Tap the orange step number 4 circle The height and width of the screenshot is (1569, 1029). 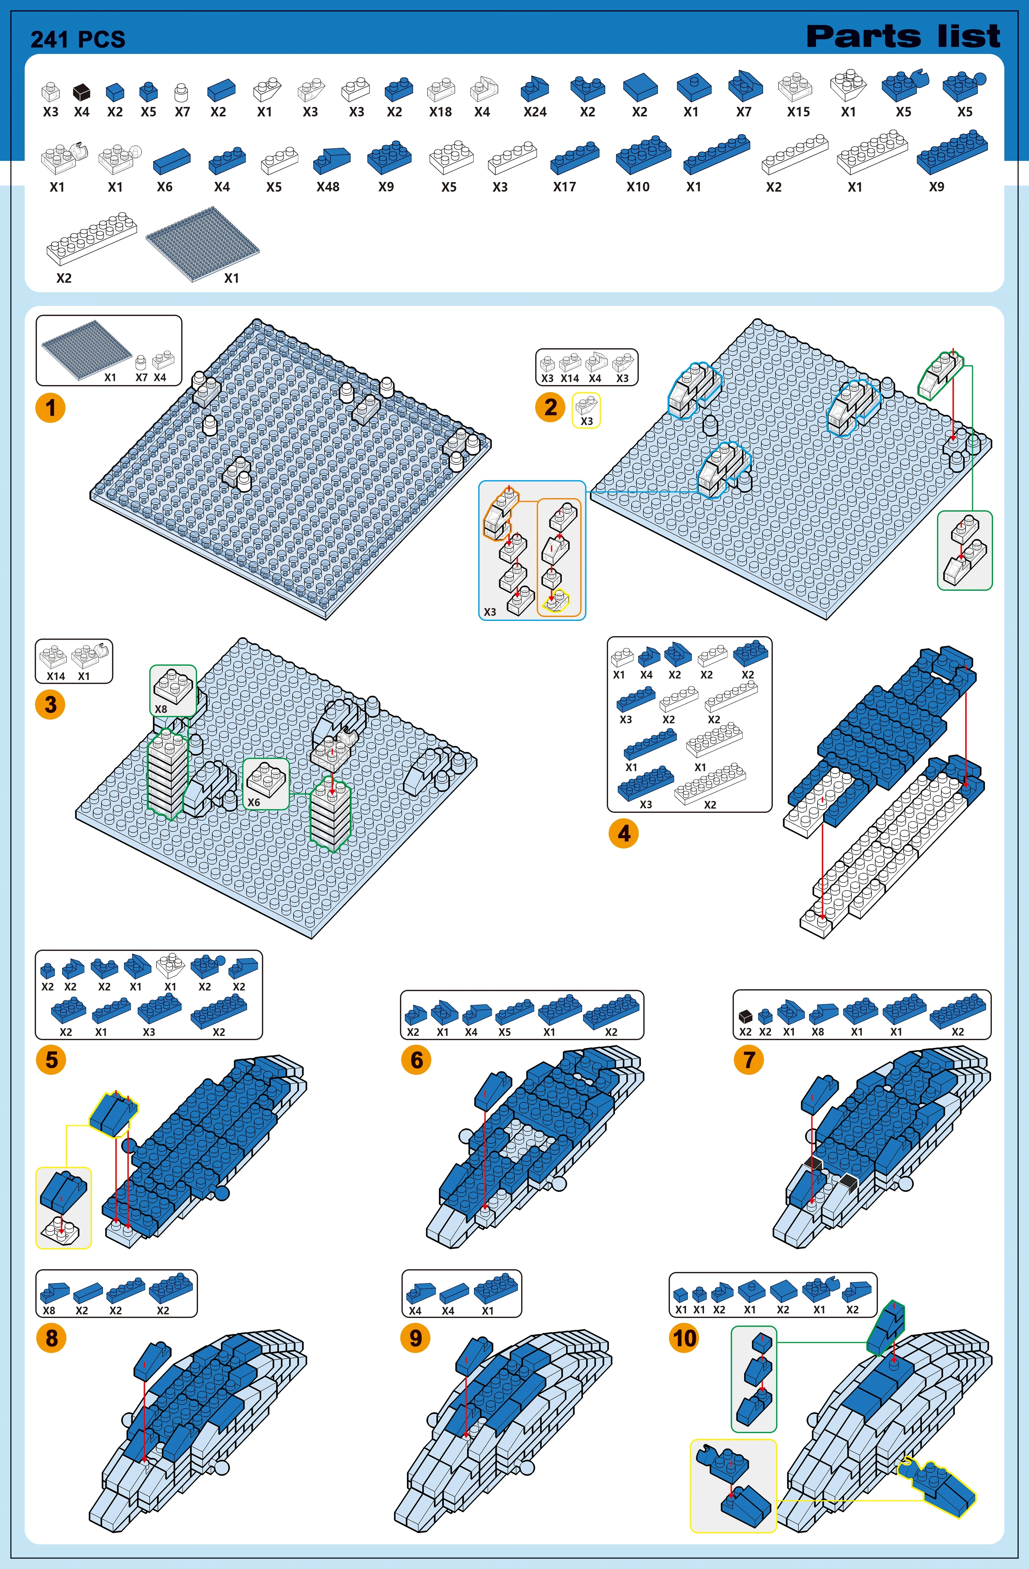624,833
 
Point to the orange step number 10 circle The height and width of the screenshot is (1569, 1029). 684,1338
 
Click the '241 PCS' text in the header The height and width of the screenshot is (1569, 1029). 78,40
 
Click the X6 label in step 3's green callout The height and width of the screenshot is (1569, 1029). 254,802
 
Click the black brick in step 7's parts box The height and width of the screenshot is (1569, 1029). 745,1016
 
